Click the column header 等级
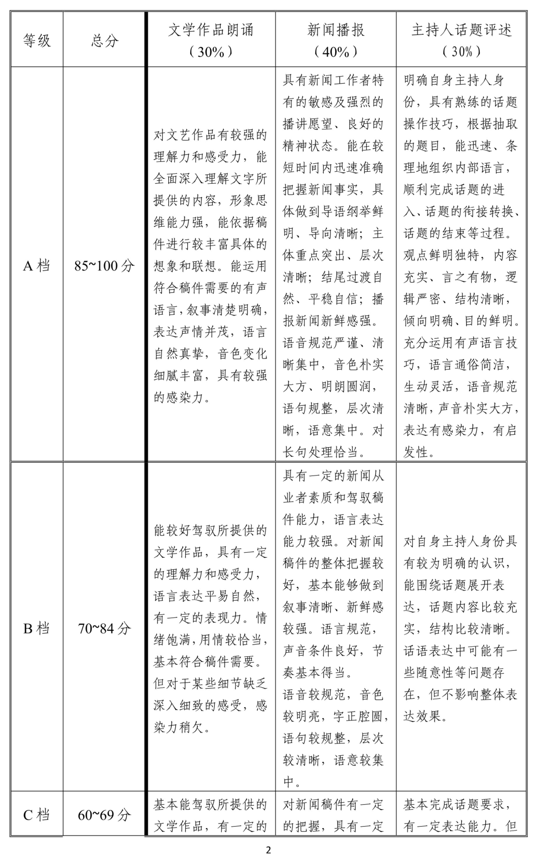click(37, 40)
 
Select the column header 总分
click(105, 40)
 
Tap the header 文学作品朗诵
click(211, 30)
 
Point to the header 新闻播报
click(336, 30)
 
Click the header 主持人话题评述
click(461, 30)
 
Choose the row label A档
click(37, 266)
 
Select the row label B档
click(37, 628)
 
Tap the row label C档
click(37, 815)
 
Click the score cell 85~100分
click(105, 266)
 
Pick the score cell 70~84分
click(105, 628)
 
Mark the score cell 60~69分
click(105, 815)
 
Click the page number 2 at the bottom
click(269, 850)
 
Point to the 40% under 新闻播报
click(336, 52)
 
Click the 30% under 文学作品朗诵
click(211, 52)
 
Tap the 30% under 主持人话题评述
click(461, 52)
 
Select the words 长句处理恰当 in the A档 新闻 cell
click(321, 452)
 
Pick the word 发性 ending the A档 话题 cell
click(416, 452)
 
